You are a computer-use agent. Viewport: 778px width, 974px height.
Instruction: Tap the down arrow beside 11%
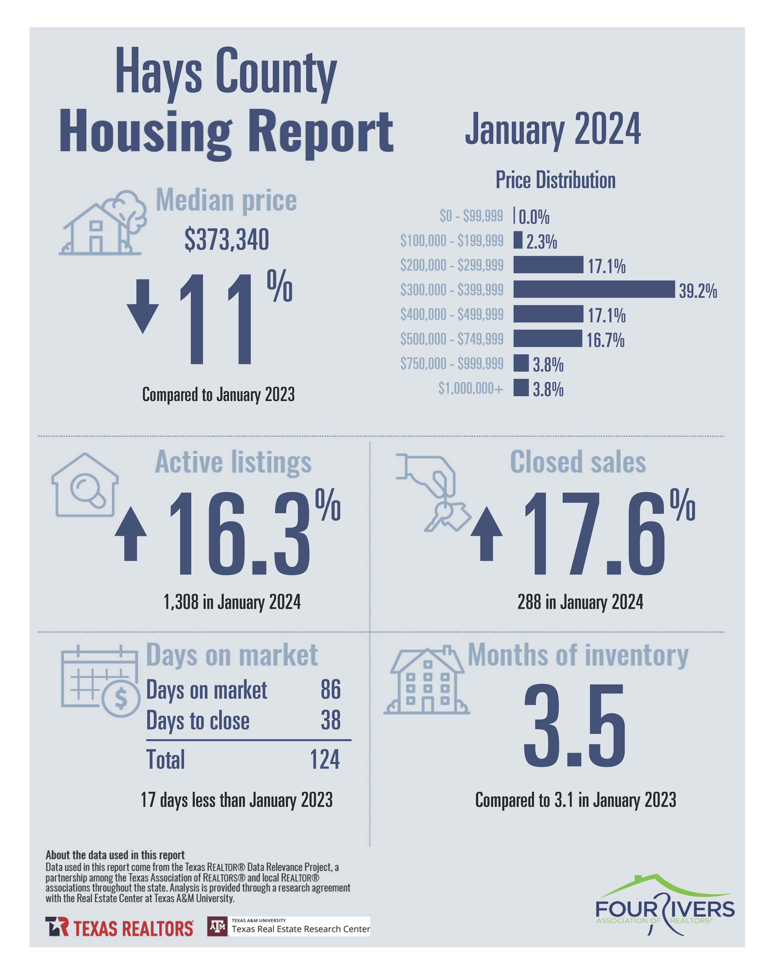click(143, 306)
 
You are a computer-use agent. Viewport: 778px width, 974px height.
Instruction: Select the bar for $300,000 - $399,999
click(593, 289)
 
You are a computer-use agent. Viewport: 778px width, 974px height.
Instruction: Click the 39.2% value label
click(697, 291)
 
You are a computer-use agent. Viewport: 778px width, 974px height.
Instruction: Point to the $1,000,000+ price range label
click(470, 388)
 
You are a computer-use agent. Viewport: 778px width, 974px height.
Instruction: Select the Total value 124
click(325, 759)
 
